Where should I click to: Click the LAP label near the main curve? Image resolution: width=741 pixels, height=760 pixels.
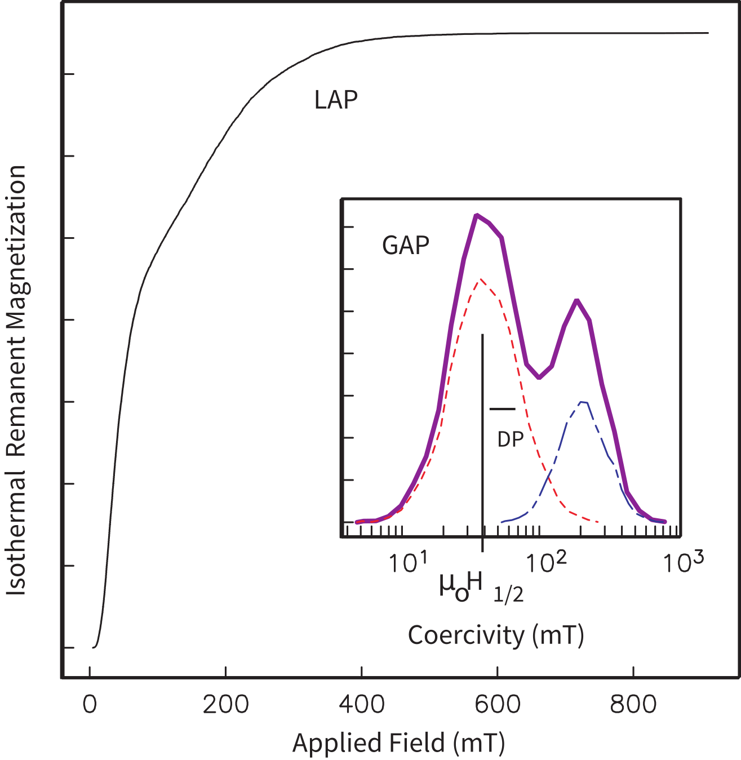(336, 100)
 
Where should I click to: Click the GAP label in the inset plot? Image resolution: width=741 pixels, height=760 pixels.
(406, 245)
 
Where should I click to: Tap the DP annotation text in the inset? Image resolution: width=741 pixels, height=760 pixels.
(511, 439)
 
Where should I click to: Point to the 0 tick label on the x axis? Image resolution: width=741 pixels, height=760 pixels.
(90, 705)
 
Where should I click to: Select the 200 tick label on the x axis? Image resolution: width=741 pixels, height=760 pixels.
(225, 705)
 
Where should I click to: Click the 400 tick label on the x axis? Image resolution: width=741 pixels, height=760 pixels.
(362, 705)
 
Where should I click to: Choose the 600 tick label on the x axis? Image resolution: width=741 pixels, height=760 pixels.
(498, 705)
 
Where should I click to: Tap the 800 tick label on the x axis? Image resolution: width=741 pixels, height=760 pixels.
(633, 705)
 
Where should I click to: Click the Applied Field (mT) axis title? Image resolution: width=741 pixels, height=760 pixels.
(398, 743)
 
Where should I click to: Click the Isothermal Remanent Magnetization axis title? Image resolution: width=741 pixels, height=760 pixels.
(17, 380)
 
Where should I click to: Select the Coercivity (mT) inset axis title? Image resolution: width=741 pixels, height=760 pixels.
(496, 635)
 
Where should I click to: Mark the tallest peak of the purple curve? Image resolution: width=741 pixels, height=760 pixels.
(477, 215)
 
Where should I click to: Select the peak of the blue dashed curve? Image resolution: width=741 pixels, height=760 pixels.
(583, 402)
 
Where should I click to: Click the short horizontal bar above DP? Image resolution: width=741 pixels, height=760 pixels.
(502, 408)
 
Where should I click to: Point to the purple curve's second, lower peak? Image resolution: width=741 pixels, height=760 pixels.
(576, 300)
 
